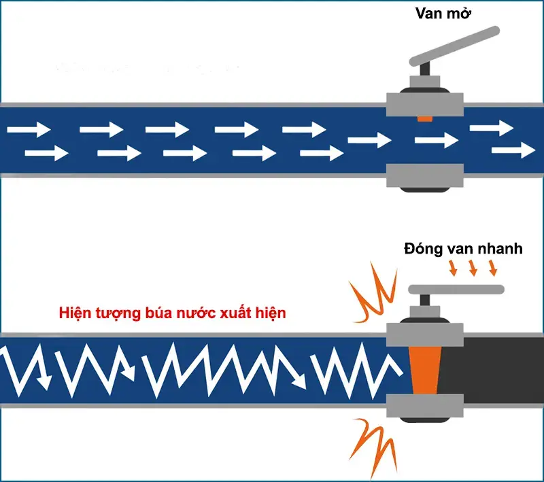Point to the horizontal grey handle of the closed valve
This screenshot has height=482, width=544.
click(x=456, y=290)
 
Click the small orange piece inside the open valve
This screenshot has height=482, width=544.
click(x=424, y=118)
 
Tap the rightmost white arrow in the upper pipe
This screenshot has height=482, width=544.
click(x=514, y=150)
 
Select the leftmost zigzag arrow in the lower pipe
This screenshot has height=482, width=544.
click(x=27, y=367)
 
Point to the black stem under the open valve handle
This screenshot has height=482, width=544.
click(x=426, y=71)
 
